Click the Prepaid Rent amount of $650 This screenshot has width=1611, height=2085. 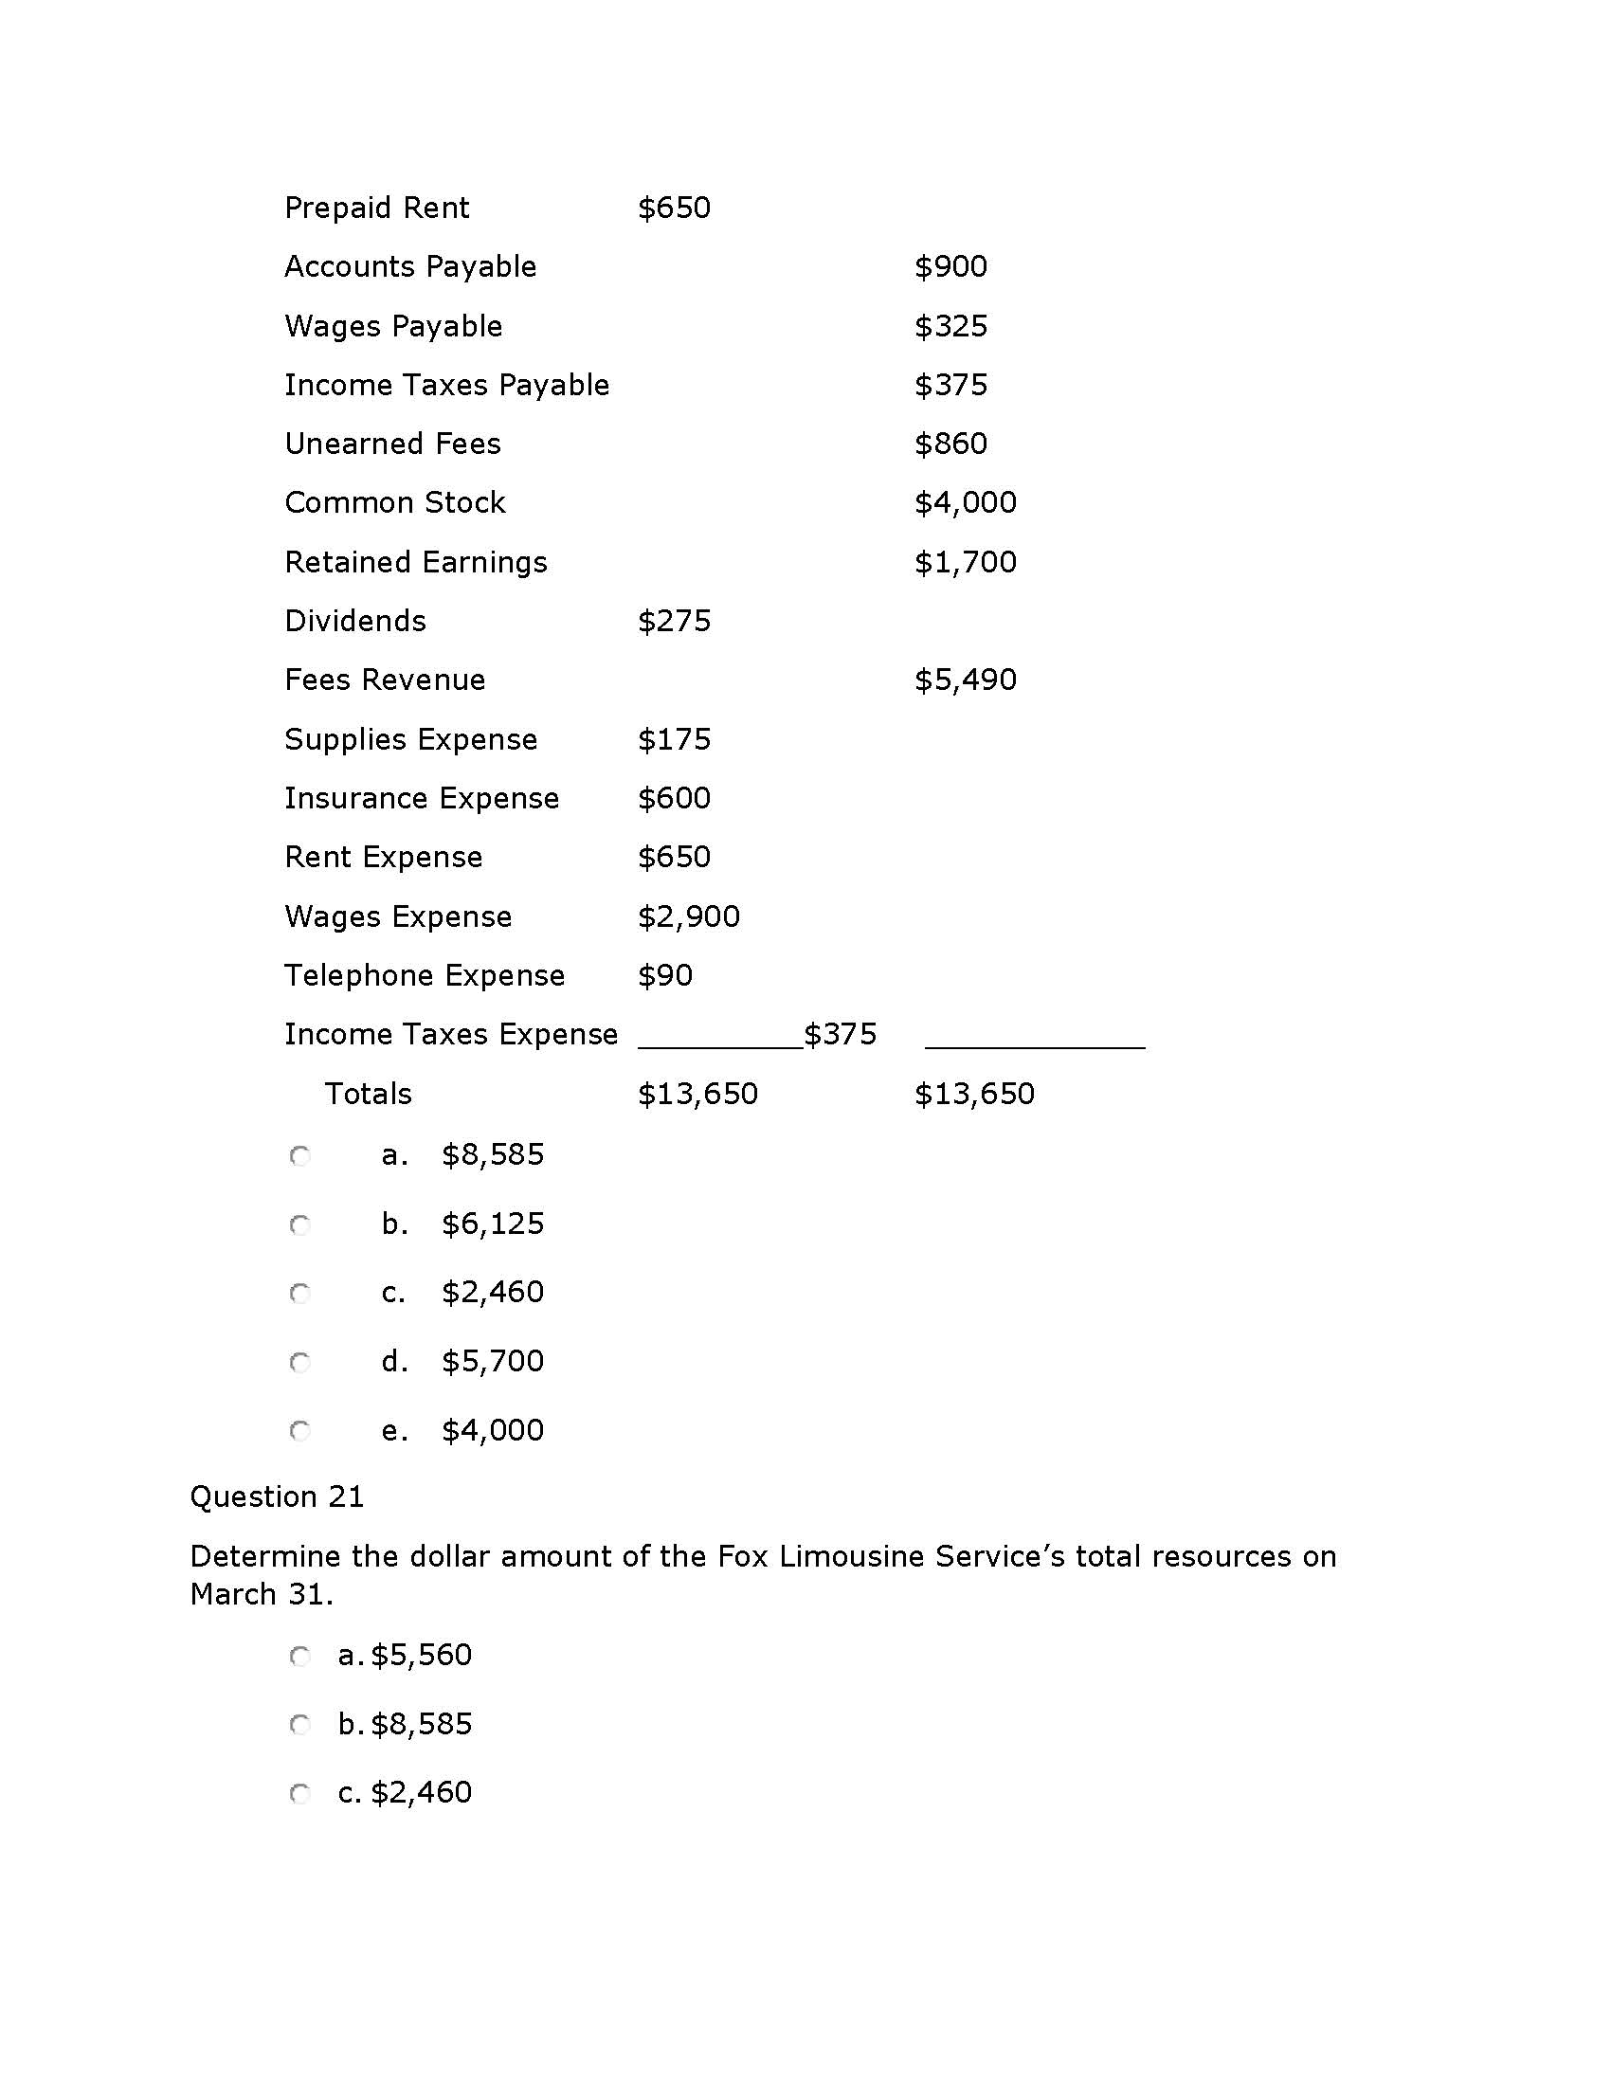pos(674,208)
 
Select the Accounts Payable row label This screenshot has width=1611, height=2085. pos(410,266)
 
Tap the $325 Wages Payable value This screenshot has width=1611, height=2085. pos(950,327)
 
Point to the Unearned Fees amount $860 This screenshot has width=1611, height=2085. pos(950,444)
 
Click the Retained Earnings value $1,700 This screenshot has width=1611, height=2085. pos(965,562)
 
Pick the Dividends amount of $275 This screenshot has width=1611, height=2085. pos(674,622)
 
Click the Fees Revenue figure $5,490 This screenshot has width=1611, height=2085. pos(965,680)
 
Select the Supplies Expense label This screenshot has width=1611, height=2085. pos(410,740)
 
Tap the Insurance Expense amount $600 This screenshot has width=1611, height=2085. pos(674,798)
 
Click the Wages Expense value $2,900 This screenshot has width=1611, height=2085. pos(688,916)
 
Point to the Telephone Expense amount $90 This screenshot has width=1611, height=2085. pos(665,975)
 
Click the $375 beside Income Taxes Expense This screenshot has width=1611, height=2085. pos(840,1034)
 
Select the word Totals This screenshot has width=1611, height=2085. pos(369,1094)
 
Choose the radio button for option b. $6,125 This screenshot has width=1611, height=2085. pos(299,1224)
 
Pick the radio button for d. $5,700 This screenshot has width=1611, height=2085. pos(299,1362)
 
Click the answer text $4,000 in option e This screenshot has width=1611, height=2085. pos(493,1430)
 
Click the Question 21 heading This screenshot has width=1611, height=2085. pos(277,1496)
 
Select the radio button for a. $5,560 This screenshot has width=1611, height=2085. pos(299,1657)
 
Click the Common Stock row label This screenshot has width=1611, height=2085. pos(395,503)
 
